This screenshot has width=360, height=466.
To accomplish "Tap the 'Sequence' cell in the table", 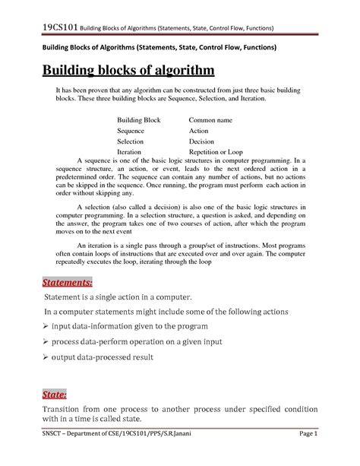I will coord(132,131).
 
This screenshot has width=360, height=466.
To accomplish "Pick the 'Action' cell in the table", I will coord(198,131).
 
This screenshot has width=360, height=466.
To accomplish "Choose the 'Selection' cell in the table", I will coord(132,141).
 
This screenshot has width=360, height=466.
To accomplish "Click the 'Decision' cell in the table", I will coord(202,141).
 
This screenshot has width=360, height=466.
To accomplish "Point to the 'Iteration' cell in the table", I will coord(131,152).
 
